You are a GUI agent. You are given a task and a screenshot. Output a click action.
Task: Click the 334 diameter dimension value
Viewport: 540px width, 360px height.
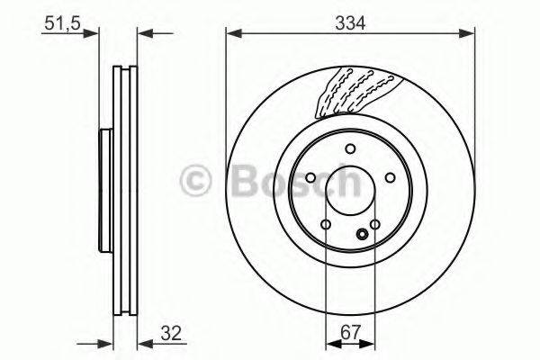coord(350,23)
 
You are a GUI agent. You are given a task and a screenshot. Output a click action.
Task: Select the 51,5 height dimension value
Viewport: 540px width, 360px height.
coord(58,23)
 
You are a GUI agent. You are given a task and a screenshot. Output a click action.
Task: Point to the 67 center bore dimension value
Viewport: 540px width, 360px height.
coord(349,333)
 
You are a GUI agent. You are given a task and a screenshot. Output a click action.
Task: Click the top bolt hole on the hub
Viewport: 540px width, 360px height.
coord(351,151)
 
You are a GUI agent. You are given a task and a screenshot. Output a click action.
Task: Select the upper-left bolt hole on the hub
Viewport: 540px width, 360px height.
coord(310,177)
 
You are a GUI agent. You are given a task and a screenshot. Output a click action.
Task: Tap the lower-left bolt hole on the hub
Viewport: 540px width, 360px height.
coord(327,225)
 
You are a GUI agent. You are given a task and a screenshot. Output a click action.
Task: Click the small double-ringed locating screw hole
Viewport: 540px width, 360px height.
coord(363,236)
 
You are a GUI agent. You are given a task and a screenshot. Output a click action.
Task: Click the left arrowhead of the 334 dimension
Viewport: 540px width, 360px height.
coord(231,35)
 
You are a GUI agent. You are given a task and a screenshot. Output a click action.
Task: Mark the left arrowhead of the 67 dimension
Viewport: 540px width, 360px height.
coord(329,344)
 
